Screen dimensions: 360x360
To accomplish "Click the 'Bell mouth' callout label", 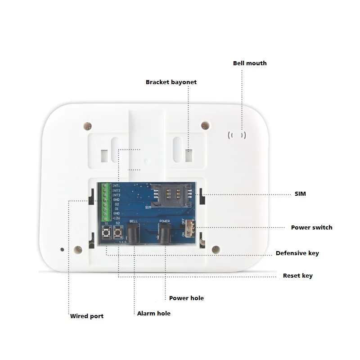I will [x=249, y=63].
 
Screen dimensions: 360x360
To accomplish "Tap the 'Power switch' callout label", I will [x=311, y=227].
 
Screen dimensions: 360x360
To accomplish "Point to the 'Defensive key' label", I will [x=297, y=253].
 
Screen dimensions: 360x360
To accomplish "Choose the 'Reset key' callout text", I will [x=297, y=276].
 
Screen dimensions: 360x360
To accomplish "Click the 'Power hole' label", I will [x=186, y=298].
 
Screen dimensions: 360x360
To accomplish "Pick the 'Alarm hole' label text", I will [x=153, y=313].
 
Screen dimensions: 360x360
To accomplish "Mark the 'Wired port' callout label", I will [x=86, y=316].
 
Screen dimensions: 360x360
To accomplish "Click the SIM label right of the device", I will [x=300, y=194].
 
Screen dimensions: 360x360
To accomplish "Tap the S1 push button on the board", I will [x=107, y=234].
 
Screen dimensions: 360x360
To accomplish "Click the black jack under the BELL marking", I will [x=133, y=234].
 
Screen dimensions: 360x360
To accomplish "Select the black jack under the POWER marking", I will [x=165, y=234].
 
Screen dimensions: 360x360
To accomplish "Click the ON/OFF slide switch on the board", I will [x=190, y=228].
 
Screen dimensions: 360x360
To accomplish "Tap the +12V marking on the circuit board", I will [x=116, y=218].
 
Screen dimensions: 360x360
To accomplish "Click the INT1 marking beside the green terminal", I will [x=116, y=186].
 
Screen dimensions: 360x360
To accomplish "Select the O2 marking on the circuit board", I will [x=116, y=204].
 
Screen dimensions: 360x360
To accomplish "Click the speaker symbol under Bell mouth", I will [x=237, y=135].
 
